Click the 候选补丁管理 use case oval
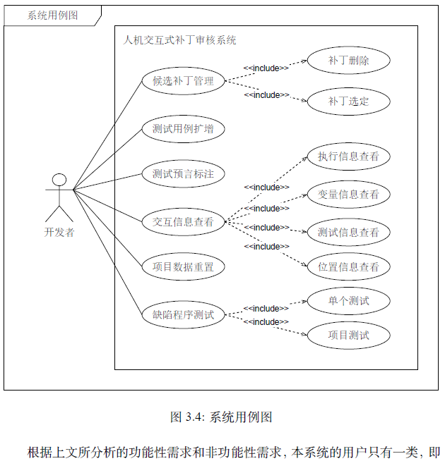tap(183, 80)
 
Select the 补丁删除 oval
tap(348, 61)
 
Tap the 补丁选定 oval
tap(348, 102)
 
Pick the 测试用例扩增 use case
tap(183, 129)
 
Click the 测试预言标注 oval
tap(183, 173)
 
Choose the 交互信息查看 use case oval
tap(183, 222)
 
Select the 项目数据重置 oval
tap(183, 267)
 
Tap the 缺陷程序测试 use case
tap(183, 314)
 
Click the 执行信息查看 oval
tap(348, 156)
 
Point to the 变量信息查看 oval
tap(348, 195)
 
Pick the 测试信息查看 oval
tap(348, 232)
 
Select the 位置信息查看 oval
tap(348, 267)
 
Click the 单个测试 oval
tap(348, 302)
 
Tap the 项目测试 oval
tap(348, 335)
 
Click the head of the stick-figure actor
tap(59, 180)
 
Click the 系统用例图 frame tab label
tap(52, 16)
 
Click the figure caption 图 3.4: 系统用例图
tap(221, 417)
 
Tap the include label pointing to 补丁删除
tap(266, 68)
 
